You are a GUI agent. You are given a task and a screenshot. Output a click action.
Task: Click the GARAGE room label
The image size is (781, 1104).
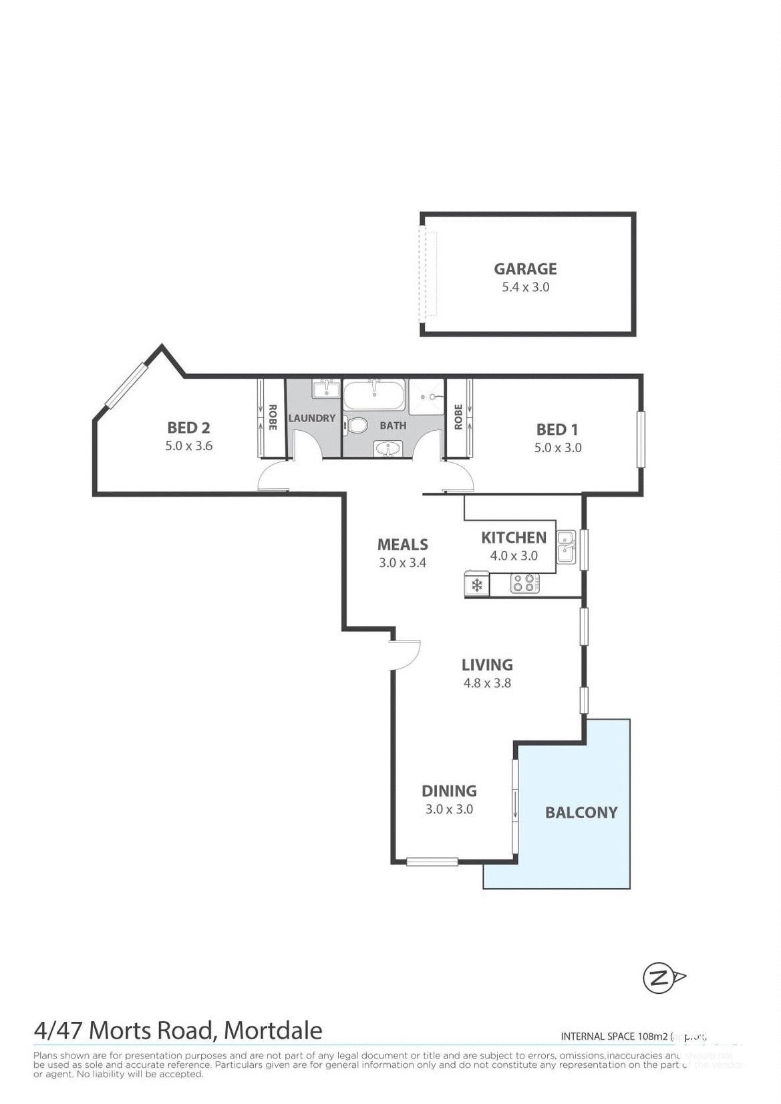coord(525,269)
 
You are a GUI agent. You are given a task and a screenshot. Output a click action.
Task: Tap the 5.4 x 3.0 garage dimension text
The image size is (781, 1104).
coord(525,287)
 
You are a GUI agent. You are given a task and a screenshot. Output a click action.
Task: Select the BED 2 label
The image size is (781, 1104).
coord(188,427)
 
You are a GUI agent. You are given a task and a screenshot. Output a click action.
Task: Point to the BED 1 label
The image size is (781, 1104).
coord(557,429)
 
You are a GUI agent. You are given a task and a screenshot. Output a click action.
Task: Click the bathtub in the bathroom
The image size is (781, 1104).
coord(373,395)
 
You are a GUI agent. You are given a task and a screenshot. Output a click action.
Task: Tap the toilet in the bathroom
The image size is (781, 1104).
coord(357,425)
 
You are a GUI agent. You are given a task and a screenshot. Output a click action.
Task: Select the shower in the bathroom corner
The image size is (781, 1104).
coord(428,397)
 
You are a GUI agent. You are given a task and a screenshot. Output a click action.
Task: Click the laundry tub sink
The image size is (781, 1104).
coord(325,389)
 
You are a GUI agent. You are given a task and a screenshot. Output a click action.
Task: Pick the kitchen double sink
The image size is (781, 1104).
coord(566,546)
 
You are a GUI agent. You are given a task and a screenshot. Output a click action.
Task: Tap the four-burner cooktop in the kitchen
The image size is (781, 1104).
coord(525,584)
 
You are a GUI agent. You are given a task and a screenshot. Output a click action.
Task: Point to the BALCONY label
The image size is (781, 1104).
coord(581,813)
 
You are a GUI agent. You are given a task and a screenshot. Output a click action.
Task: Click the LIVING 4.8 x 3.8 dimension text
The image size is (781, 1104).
coord(487,683)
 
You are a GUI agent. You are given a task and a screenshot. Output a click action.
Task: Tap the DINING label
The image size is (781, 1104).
coord(449,791)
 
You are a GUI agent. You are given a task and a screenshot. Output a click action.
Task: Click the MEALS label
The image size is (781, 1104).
coord(402,544)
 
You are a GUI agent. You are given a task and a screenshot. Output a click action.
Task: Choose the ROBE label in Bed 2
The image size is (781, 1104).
coord(272,417)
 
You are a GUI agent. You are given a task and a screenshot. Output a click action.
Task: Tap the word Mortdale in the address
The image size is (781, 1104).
coord(273,1031)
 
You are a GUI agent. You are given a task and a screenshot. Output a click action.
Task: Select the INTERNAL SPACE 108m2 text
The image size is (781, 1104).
coord(615,1037)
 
